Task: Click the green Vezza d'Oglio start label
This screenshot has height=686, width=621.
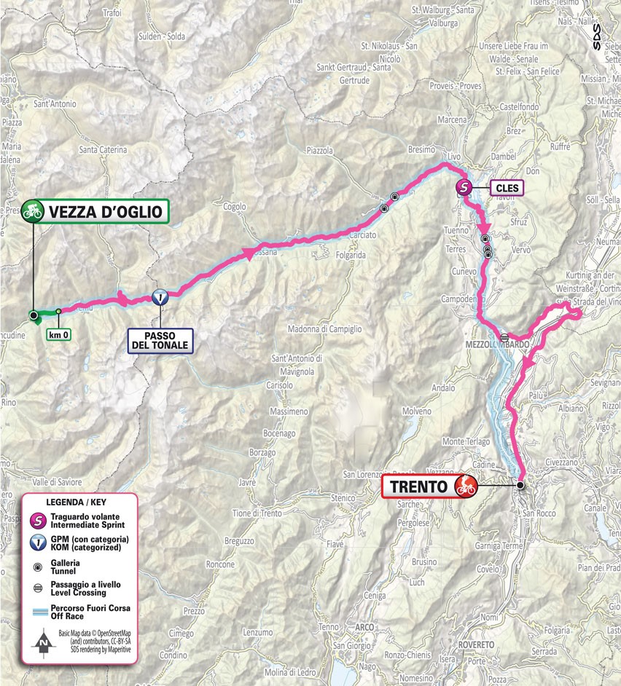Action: (108, 212)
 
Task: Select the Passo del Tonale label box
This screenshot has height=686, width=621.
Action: (160, 340)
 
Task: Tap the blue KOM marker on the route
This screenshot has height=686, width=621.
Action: (160, 297)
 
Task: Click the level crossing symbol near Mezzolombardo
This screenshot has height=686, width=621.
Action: (504, 337)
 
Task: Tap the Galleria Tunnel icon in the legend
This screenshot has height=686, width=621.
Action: (36, 567)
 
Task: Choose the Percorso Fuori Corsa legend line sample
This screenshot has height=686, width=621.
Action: (36, 612)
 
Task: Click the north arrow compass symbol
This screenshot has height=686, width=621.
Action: (44, 643)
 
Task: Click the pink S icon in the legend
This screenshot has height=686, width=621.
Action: (36, 520)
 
